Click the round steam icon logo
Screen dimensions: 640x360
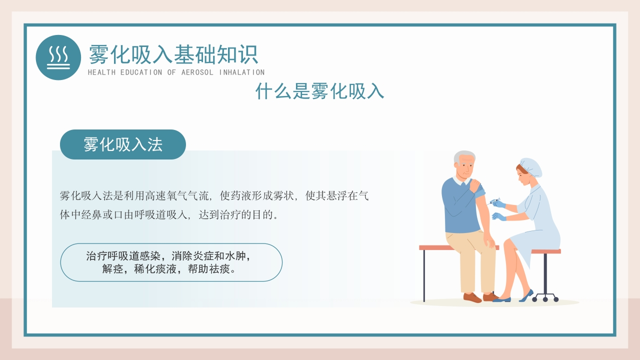(58, 57)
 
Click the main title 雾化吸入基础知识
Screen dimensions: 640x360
(173, 54)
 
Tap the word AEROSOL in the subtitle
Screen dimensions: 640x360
(197, 72)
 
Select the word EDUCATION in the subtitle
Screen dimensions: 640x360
(141, 72)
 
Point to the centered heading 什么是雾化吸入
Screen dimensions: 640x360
(319, 91)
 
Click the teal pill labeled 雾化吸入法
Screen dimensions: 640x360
(123, 144)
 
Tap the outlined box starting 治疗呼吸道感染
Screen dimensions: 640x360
(171, 262)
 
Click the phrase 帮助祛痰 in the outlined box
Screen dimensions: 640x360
(209, 269)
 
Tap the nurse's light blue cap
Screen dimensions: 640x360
(531, 167)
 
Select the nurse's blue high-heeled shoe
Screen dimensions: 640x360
(526, 295)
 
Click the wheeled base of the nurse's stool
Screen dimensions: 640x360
(545, 297)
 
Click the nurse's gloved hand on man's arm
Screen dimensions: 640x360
(499, 217)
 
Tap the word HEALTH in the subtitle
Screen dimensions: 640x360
(101, 72)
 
